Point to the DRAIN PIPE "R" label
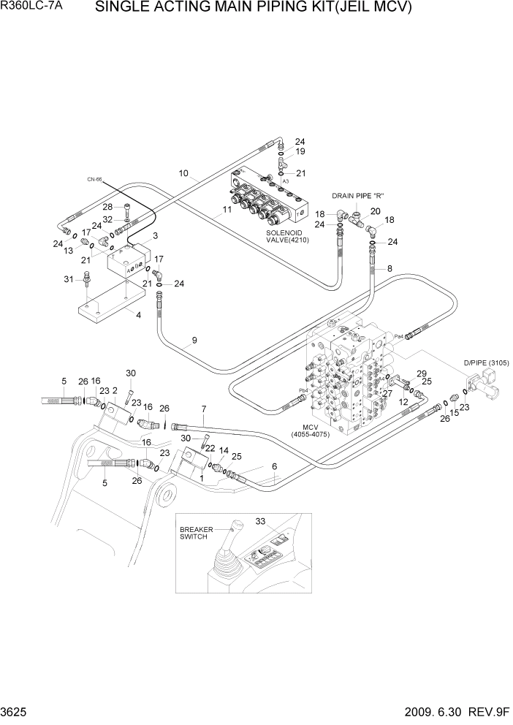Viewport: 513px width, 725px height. pyautogui.click(x=358, y=195)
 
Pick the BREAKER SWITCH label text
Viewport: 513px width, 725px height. pyautogui.click(x=194, y=532)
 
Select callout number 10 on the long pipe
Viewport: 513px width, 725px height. pyautogui.click(x=184, y=173)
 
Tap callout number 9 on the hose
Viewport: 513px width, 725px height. pyautogui.click(x=194, y=340)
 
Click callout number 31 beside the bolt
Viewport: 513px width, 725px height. pyautogui.click(x=69, y=279)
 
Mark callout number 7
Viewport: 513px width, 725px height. pyautogui.click(x=204, y=408)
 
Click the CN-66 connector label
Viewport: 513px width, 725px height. pyautogui.click(x=94, y=178)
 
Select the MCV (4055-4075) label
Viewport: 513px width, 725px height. pyautogui.click(x=322, y=430)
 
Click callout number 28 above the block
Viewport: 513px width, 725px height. pyautogui.click(x=107, y=206)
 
